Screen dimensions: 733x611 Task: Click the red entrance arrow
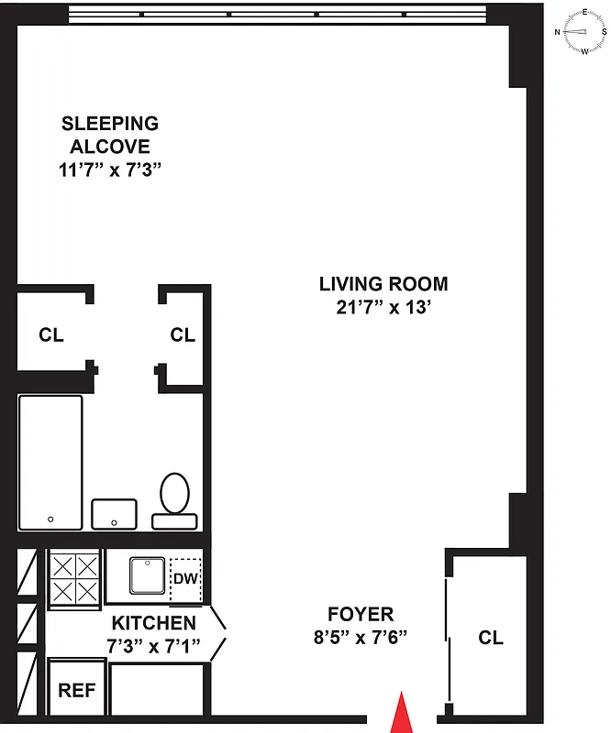(x=401, y=714)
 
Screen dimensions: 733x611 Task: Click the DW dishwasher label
(x=186, y=580)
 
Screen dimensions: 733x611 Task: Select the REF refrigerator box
(x=78, y=690)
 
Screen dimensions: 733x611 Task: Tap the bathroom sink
(x=114, y=514)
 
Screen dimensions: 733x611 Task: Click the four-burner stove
(x=73, y=578)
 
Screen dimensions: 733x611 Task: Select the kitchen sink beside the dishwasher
(x=147, y=576)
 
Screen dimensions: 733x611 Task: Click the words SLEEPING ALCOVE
(x=109, y=135)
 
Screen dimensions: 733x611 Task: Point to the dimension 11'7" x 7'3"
(x=109, y=170)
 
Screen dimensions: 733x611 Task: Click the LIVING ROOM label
(x=383, y=284)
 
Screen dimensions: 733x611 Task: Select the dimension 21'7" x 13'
(x=383, y=308)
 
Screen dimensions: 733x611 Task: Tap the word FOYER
(x=361, y=614)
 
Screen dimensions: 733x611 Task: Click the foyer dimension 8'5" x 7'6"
(x=360, y=636)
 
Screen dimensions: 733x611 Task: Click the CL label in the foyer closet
(x=491, y=638)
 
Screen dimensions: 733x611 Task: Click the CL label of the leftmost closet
(x=51, y=335)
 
